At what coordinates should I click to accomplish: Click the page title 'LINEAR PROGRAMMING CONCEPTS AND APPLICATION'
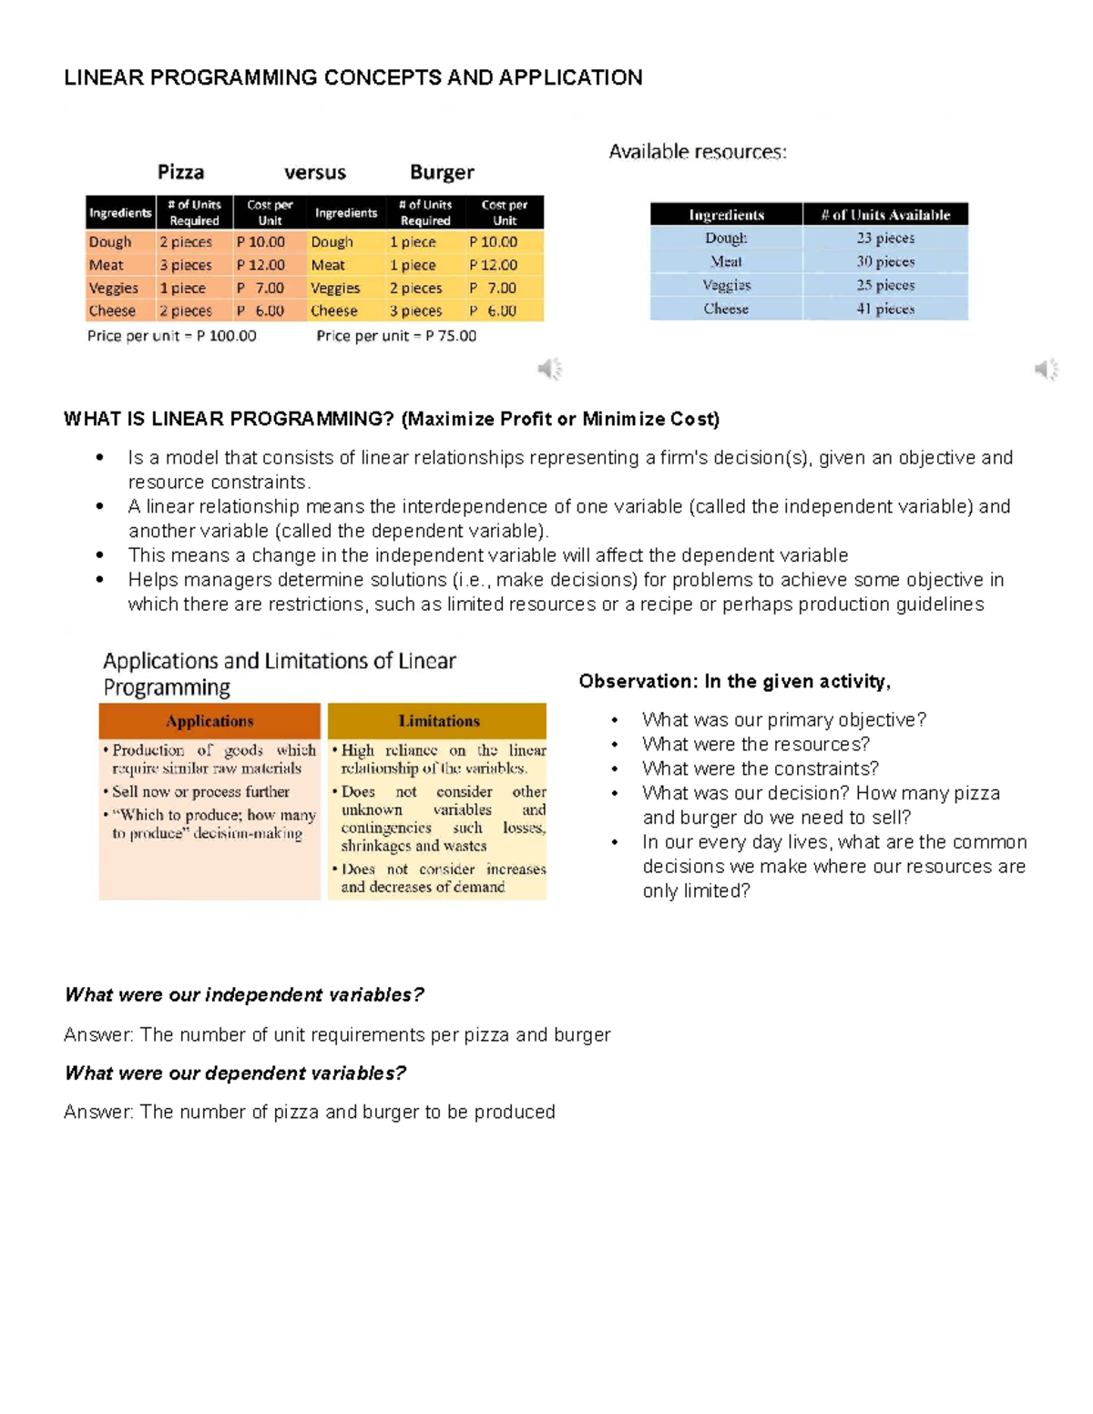[352, 77]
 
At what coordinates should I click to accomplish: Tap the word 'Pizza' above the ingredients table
[180, 172]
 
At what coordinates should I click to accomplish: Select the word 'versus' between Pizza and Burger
[315, 172]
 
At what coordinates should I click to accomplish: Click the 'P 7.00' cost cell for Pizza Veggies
[260, 288]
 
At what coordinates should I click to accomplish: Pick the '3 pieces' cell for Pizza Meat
[186, 265]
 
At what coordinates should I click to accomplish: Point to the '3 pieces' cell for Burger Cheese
[416, 310]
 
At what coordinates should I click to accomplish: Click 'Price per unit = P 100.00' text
[171, 336]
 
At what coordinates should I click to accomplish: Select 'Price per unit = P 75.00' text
[396, 336]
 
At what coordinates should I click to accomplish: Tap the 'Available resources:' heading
[698, 152]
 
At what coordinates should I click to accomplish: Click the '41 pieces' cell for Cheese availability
[885, 309]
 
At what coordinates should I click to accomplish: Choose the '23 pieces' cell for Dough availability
[885, 238]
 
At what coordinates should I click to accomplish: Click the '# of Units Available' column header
[885, 215]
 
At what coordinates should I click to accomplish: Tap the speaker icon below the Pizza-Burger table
[549, 369]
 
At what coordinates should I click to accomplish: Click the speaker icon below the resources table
[1047, 369]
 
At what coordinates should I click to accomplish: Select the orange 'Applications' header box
[209, 721]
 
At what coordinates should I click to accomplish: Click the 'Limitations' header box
[438, 721]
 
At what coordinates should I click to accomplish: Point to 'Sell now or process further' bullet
[200, 792]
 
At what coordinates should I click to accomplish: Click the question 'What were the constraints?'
[761, 768]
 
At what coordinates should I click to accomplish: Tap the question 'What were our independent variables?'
[244, 994]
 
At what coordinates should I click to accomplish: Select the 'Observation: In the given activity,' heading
[735, 681]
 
